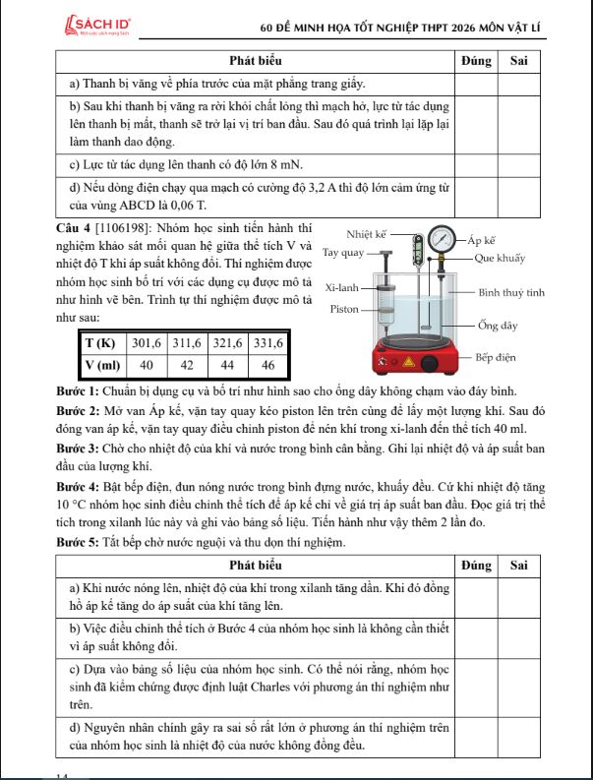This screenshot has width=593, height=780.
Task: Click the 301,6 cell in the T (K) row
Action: click(147, 343)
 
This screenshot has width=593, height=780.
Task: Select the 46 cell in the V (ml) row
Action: click(267, 365)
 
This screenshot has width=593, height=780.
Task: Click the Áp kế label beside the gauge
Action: click(481, 239)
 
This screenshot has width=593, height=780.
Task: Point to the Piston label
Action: click(346, 310)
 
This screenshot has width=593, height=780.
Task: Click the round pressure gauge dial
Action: click(443, 239)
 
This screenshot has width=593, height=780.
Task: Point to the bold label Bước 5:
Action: click(78, 542)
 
